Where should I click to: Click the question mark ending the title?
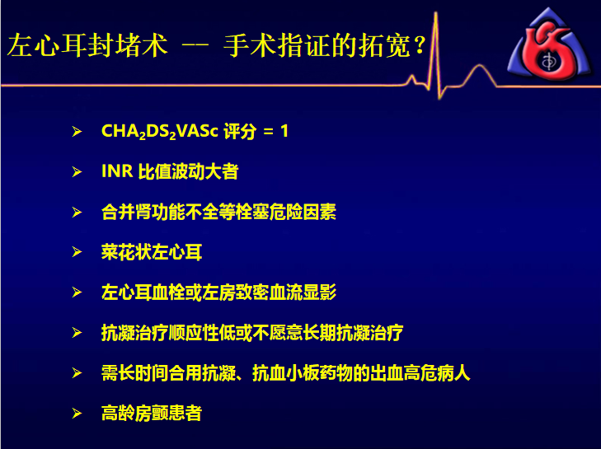point(420,44)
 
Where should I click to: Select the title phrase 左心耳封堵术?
point(87,45)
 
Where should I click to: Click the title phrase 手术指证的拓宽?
point(317,45)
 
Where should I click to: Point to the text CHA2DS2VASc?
point(159,132)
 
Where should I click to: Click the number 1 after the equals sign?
point(284,131)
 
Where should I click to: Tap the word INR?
point(117,171)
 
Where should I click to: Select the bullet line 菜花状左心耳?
point(152,252)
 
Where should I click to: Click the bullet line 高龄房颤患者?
point(152,413)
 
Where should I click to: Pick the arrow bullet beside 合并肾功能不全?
point(77,213)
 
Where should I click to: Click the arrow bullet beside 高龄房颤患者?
point(77,414)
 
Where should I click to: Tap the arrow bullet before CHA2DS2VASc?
point(77,132)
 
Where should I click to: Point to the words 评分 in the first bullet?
point(240,132)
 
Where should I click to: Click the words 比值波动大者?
point(188,171)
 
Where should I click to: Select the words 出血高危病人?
point(420,372)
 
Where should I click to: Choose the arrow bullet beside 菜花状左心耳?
point(77,252)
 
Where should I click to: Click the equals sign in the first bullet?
point(268,132)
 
